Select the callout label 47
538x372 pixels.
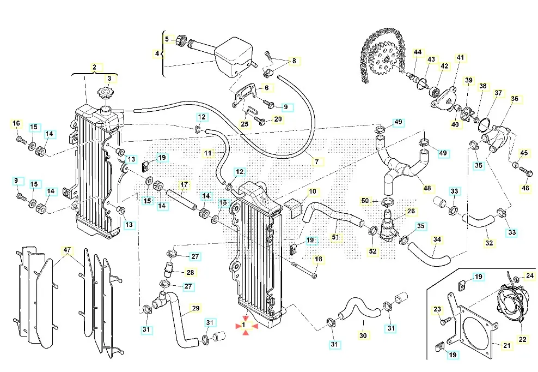click(x=67, y=250)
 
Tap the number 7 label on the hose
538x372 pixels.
click(x=316, y=161)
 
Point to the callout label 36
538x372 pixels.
click(x=514, y=99)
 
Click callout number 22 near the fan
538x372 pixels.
click(x=522, y=339)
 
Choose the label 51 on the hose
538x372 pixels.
click(x=335, y=237)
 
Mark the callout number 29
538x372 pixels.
click(x=195, y=308)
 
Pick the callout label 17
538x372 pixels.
click(x=184, y=184)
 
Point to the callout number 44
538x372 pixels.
click(x=418, y=52)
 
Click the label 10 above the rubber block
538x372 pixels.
click(x=312, y=191)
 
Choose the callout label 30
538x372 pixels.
click(x=363, y=336)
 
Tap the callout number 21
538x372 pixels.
click(x=507, y=345)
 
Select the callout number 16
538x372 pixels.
click(x=16, y=123)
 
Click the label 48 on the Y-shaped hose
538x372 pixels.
click(x=427, y=189)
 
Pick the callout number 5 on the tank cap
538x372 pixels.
click(x=167, y=39)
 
